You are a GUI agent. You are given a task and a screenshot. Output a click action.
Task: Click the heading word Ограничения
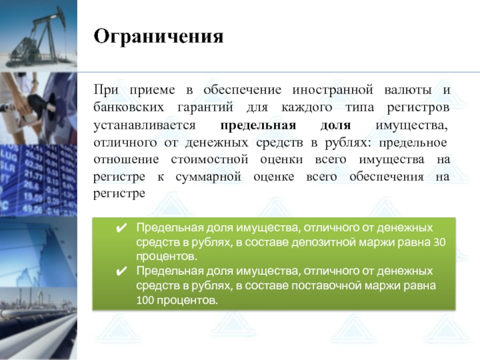158,37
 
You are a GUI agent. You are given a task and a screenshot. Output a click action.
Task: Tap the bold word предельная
258,126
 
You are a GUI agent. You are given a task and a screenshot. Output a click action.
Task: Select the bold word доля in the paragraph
335,126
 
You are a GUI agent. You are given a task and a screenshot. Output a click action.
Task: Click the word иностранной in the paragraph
333,90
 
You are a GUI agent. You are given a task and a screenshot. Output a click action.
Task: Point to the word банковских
128,107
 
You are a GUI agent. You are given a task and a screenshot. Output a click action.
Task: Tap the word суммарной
208,177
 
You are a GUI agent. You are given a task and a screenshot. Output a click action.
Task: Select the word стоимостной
209,160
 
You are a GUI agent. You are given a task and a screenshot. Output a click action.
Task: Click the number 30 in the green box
440,242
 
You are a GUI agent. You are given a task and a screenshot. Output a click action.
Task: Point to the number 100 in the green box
145,300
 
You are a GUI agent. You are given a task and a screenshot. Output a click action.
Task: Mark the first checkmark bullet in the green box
122,228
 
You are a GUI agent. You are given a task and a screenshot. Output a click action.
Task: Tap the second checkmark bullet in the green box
122,271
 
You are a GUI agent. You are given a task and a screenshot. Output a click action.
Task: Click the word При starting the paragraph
106,90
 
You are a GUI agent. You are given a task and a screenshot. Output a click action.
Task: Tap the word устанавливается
145,126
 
